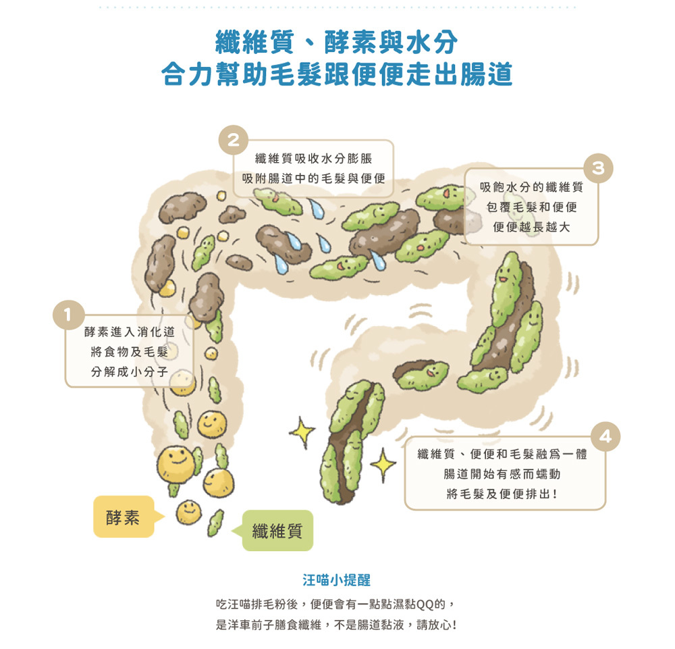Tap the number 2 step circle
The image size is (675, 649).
tap(233, 141)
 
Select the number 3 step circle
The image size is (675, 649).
tap(597, 167)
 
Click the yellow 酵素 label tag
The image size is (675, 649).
tap(124, 517)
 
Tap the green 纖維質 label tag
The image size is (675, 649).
tap(277, 530)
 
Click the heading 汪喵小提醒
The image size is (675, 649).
tap(337, 580)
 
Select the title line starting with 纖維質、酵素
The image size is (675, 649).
tap(337, 42)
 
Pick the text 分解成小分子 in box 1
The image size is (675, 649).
tap(130, 371)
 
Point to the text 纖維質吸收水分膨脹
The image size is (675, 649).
tap(313, 159)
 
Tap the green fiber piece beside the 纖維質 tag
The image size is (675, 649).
tap(216, 521)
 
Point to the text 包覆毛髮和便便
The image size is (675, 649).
tap(531, 207)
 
